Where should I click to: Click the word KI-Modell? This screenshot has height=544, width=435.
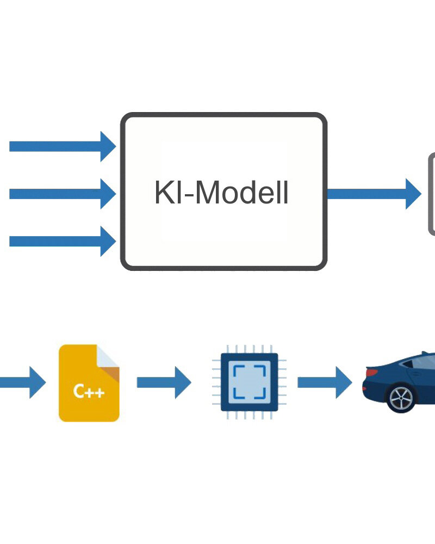(x=222, y=192)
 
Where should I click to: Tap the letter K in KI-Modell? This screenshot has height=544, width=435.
(x=161, y=192)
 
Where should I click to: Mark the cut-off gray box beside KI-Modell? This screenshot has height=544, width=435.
(x=432, y=194)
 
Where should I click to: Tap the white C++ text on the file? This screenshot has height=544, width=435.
(x=89, y=391)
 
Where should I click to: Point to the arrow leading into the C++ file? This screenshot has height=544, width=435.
(x=22, y=382)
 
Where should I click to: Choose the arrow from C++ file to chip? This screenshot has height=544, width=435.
(x=164, y=382)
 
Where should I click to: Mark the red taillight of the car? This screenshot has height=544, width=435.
(x=372, y=373)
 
